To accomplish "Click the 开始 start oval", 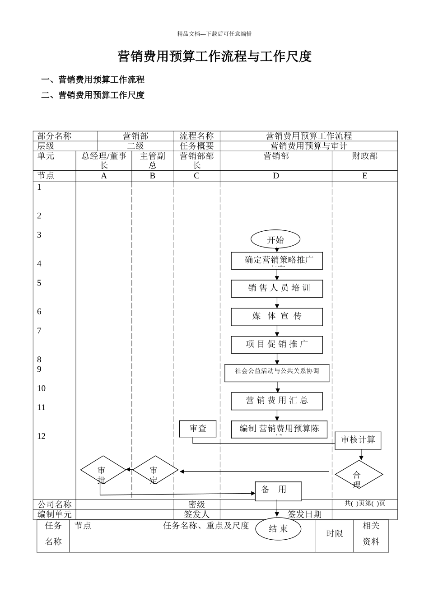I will (275, 240).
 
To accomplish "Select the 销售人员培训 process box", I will (277, 289).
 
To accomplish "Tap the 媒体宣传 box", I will (277, 317).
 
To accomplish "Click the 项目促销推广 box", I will (277, 345).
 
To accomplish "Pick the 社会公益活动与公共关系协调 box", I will (277, 373).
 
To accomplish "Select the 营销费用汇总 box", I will (277, 401).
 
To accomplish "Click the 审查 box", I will (198, 429).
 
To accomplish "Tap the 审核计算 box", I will (358, 440).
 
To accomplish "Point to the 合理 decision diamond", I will (359, 475).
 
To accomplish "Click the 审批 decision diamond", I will (103, 470).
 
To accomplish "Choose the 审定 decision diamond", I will (154, 470).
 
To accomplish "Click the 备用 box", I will (278, 491).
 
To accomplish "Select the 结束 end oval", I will (278, 529).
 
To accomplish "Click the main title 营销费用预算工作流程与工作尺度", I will (214, 57).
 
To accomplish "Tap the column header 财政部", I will (364, 156).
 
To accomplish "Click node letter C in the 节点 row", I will (196, 176).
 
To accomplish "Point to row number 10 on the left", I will (42, 388).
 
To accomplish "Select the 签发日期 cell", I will (305, 514).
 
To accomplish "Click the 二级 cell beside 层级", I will (135, 146).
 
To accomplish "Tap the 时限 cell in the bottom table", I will (335, 534).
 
